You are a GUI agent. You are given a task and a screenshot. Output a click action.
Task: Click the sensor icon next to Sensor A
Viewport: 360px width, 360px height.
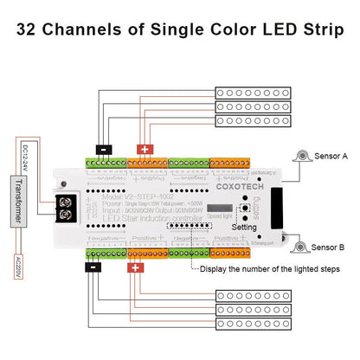(302, 156)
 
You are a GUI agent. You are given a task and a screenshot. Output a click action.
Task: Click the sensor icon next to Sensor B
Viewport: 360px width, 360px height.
(302, 246)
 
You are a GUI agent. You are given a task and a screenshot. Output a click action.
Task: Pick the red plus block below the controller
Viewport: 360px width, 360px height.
(135, 267)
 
